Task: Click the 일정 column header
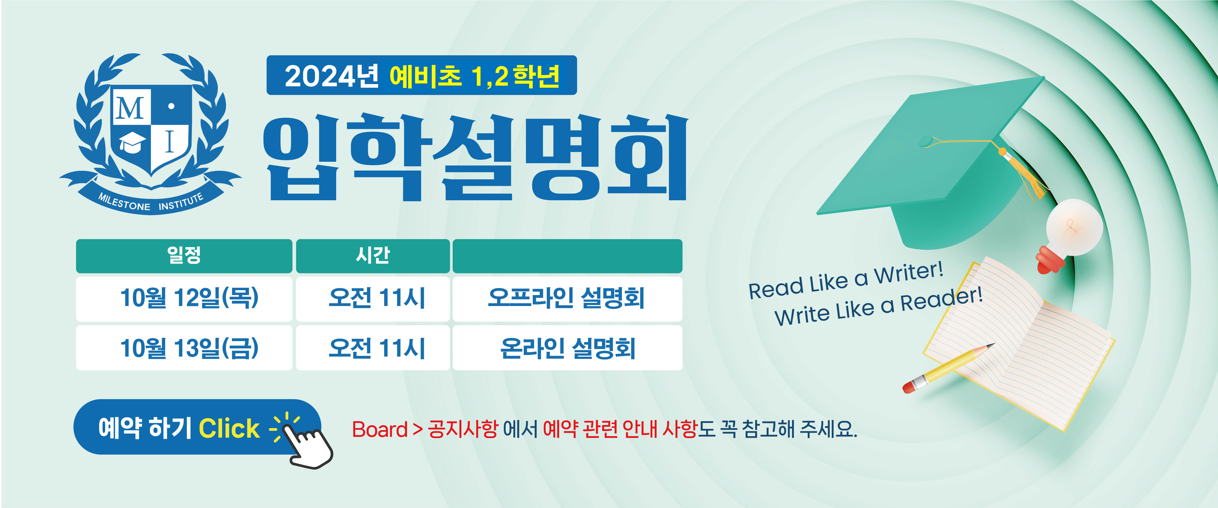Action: coord(184,256)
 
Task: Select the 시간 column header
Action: coord(373,256)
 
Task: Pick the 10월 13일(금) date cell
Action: coord(184,348)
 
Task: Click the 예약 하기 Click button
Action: coord(197,427)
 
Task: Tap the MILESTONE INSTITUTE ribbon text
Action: coord(151,202)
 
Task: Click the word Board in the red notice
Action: coord(380,430)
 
